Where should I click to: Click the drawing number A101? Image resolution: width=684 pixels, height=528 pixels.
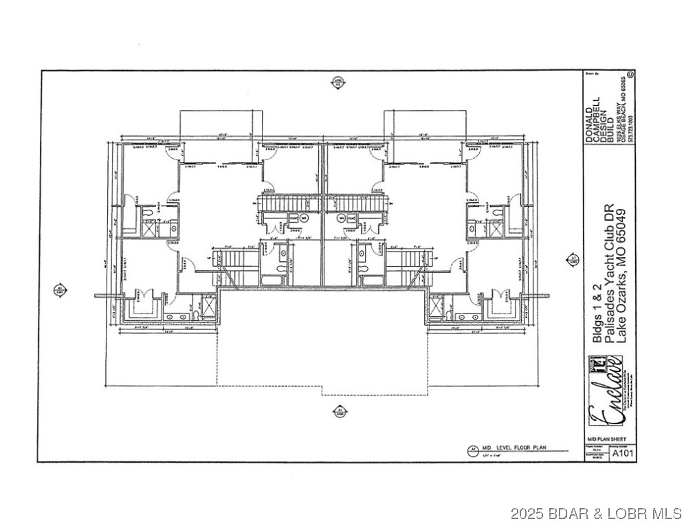tap(623, 453)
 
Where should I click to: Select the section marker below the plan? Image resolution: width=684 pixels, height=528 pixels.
tap(338, 412)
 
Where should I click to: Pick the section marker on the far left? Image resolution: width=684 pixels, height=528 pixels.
tap(60, 289)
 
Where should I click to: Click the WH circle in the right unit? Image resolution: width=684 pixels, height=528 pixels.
tap(341, 218)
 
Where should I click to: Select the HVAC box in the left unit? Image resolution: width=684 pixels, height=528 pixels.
tap(292, 218)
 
